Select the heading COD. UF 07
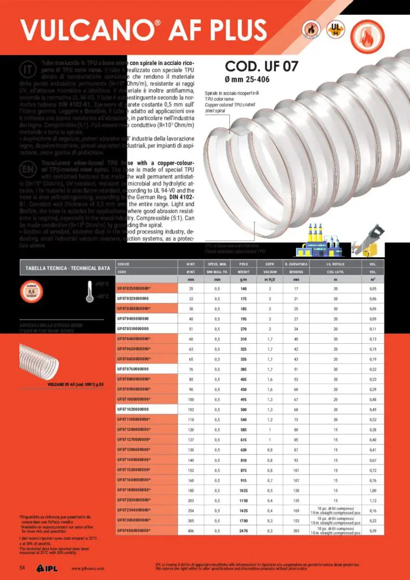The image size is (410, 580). [262, 65]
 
